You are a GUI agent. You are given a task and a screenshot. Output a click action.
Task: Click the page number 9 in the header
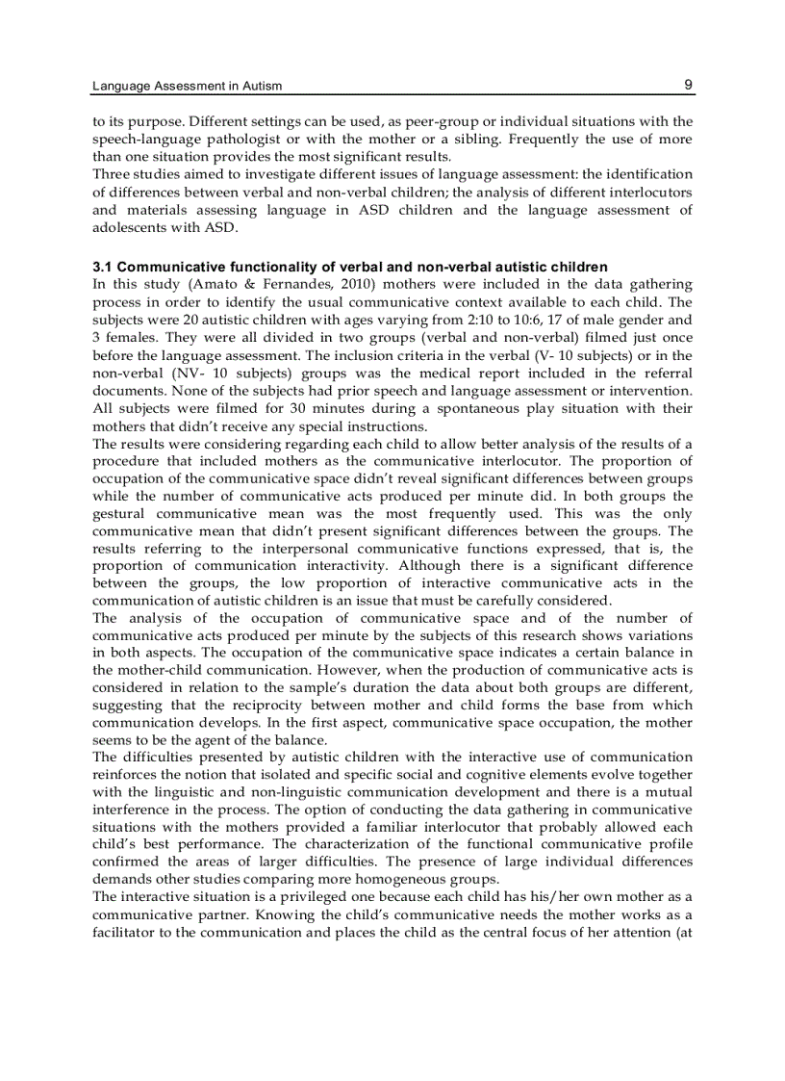pos(688,85)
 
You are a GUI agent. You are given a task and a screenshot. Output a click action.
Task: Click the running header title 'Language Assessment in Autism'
pos(187,87)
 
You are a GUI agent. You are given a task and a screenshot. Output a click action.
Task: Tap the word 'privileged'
pos(280,897)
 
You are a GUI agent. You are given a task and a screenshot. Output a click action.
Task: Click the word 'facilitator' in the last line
pos(128,932)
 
